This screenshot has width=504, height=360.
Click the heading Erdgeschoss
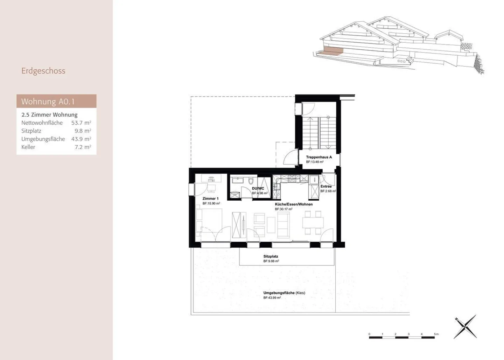pos(43,71)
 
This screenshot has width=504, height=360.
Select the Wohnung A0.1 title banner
pos(56,101)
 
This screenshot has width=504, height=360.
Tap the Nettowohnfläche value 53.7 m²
pos(81,123)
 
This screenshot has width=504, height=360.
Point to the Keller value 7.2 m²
pos(83,147)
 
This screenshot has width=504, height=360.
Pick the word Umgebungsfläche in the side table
pos(43,139)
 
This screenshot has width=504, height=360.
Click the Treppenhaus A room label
pos(318,157)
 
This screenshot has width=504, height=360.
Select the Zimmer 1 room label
pos(210,199)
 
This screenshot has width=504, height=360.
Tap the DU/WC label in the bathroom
pos(258,188)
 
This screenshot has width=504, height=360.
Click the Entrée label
pos(326,186)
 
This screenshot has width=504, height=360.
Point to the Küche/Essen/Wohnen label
pos(294,204)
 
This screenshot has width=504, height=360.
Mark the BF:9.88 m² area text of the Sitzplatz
pos(271,261)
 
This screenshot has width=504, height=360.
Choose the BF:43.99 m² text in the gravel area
pos(272,298)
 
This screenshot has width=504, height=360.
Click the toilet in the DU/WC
pos(251,182)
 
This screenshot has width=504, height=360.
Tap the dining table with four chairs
pos(313,222)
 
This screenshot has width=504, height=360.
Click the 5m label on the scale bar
pos(436,334)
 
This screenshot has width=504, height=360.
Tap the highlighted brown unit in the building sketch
pos(332,52)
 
